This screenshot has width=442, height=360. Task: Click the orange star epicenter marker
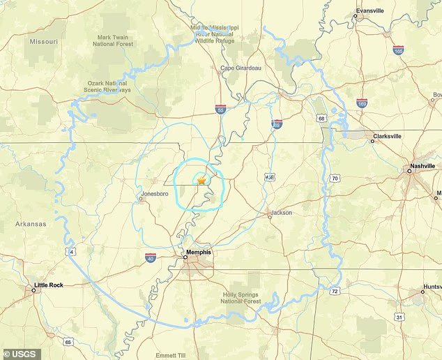(x=201, y=180)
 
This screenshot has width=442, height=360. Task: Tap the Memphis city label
(x=198, y=252)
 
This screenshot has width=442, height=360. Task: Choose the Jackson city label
(x=281, y=212)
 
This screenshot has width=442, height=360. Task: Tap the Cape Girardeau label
(x=241, y=68)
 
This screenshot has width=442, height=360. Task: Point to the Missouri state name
(x=43, y=42)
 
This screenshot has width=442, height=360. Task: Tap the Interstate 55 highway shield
(x=220, y=110)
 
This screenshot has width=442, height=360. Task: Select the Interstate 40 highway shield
(x=151, y=257)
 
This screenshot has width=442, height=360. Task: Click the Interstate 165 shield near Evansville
(x=398, y=50)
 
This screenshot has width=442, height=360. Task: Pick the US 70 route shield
(x=335, y=179)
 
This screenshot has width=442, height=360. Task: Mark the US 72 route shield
(x=335, y=290)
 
